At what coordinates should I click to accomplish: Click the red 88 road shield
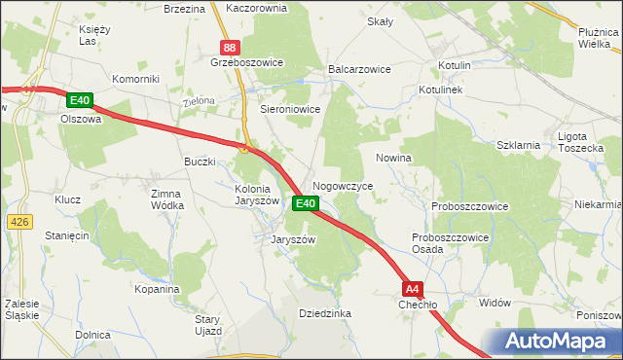(x=229, y=47)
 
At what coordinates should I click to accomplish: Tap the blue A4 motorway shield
(x=414, y=288)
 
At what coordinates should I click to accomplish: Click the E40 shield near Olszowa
(x=80, y=100)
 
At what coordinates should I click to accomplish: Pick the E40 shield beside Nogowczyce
(x=305, y=203)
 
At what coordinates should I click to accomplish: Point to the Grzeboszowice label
(x=246, y=62)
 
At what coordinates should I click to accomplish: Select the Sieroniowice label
(x=290, y=110)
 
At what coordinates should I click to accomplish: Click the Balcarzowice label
(x=359, y=70)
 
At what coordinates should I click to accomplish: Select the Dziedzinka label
(x=324, y=313)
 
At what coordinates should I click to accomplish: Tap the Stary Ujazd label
(x=208, y=325)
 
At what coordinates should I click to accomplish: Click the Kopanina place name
(x=158, y=289)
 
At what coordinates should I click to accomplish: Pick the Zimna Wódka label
(x=166, y=199)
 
